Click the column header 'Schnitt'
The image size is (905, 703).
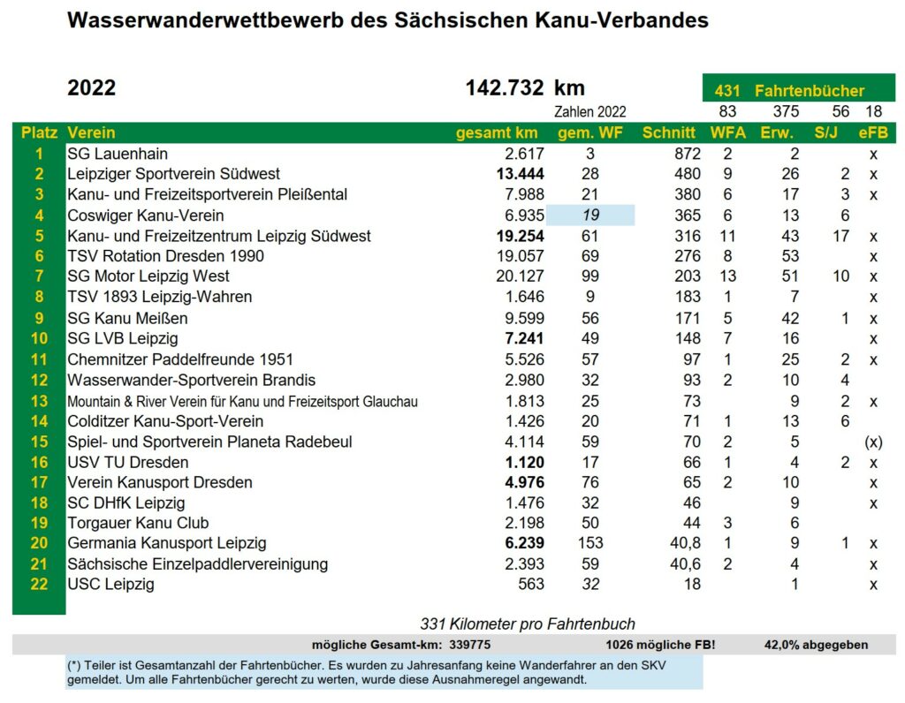click(x=668, y=133)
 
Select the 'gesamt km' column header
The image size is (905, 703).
click(x=497, y=133)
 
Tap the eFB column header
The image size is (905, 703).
click(x=872, y=133)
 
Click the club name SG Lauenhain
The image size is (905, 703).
click(x=118, y=154)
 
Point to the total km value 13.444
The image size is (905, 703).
click(x=520, y=174)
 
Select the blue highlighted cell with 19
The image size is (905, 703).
click(x=590, y=215)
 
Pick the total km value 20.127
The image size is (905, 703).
click(x=520, y=276)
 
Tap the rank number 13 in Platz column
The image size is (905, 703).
click(x=39, y=401)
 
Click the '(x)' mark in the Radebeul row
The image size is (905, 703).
click(x=873, y=442)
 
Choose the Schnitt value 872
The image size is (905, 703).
click(x=688, y=154)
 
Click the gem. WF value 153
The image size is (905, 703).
click(x=590, y=543)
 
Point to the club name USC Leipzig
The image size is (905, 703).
click(x=110, y=584)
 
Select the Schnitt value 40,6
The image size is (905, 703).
click(x=685, y=564)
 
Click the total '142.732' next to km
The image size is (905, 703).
click(x=505, y=88)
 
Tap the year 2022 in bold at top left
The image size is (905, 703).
click(x=92, y=88)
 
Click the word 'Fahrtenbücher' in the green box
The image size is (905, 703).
click(x=810, y=91)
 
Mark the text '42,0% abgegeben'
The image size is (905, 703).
click(x=816, y=645)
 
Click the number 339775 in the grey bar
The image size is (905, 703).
click(x=470, y=645)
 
